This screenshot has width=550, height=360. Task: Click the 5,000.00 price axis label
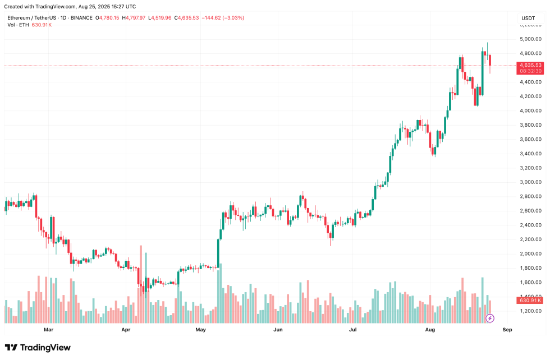(x=530, y=39)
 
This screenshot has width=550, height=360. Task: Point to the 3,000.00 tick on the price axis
(x=530, y=182)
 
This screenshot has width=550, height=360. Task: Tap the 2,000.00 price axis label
(x=530, y=253)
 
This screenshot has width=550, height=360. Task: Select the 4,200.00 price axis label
(x=530, y=96)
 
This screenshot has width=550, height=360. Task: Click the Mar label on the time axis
(x=48, y=330)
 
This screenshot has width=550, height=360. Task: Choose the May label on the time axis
(x=200, y=330)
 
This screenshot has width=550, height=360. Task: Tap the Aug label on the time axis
(x=430, y=330)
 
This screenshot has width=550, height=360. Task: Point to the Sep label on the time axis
(x=507, y=330)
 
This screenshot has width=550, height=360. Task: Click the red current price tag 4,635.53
(x=530, y=65)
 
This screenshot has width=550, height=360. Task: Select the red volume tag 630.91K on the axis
(x=530, y=301)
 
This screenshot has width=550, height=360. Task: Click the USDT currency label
(x=528, y=18)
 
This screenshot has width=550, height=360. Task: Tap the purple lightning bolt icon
(x=489, y=319)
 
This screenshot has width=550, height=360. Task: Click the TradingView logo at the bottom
(x=38, y=348)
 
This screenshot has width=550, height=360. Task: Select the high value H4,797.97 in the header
(x=133, y=18)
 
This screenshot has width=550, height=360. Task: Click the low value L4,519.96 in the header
(x=159, y=18)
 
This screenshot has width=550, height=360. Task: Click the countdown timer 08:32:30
(x=530, y=71)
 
